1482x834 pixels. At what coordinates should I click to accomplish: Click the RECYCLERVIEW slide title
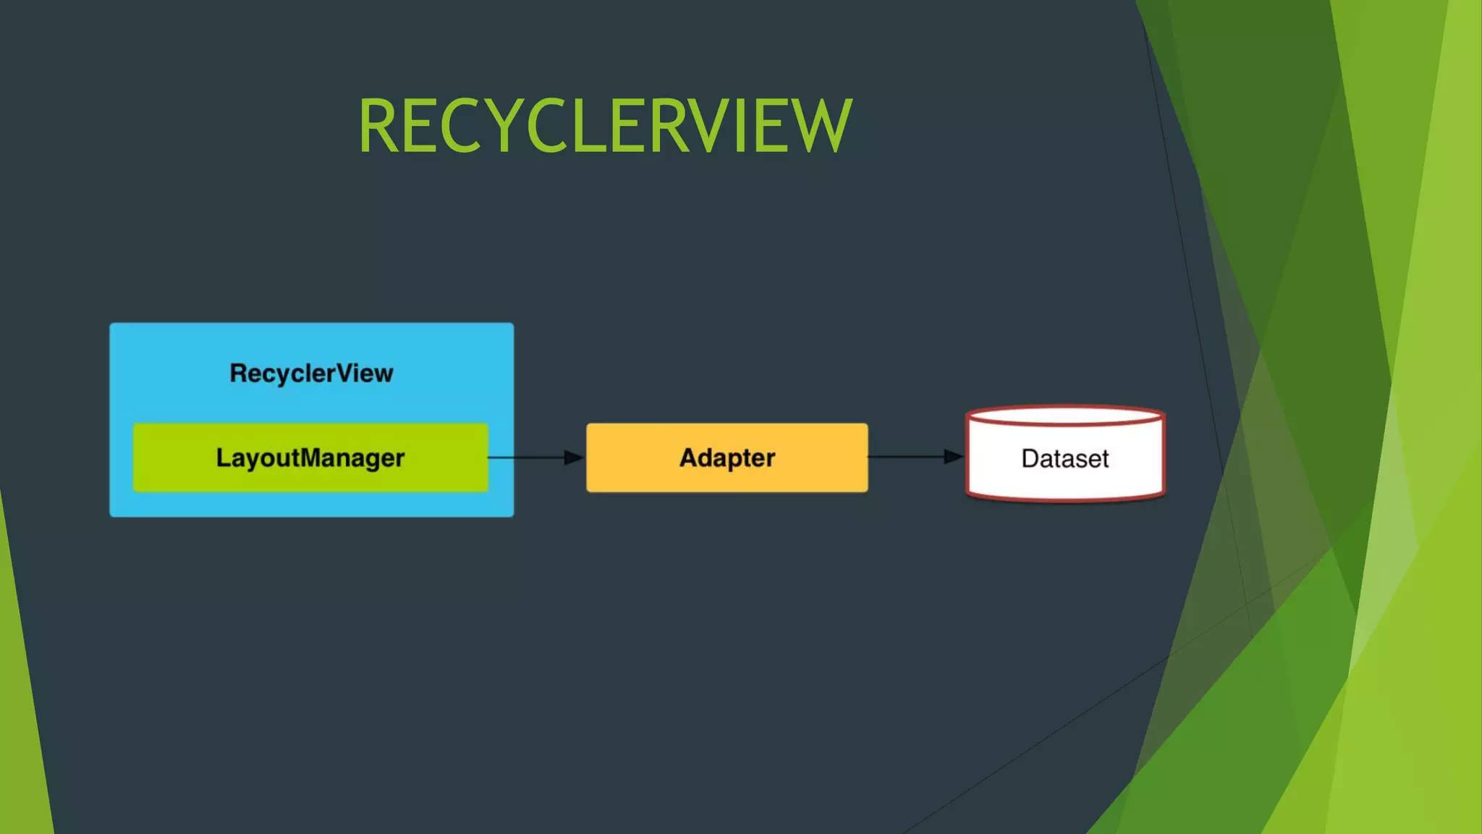(605, 126)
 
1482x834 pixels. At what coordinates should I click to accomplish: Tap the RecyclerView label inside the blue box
(311, 374)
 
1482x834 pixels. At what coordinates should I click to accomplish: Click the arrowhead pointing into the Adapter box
(573, 458)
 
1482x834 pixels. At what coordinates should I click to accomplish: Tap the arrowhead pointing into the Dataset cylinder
(953, 457)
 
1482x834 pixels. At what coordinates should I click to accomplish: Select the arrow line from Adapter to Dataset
(905, 457)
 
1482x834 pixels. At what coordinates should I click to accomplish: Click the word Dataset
(1065, 458)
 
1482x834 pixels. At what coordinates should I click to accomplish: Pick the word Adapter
(727, 458)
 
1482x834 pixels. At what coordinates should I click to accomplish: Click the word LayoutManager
(310, 458)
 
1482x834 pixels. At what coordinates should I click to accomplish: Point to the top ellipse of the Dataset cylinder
(1065, 416)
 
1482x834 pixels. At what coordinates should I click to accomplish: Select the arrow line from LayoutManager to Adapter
(525, 458)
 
